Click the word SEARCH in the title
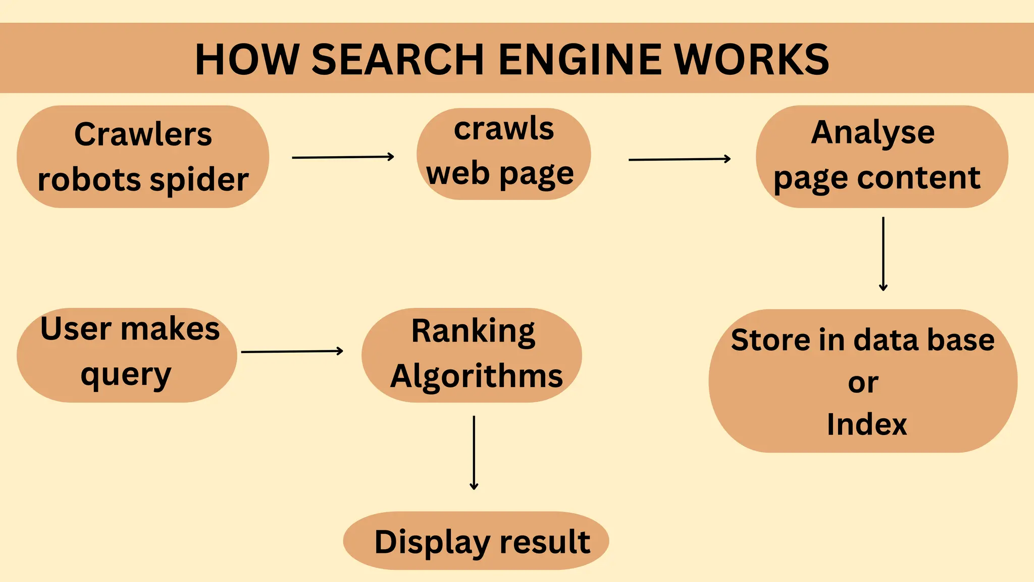click(398, 59)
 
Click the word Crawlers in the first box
click(143, 134)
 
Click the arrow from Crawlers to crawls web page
click(343, 157)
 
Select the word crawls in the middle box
click(503, 129)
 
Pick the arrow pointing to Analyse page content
click(679, 159)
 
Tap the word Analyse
click(873, 133)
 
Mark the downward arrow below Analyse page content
click(883, 254)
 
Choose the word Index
click(867, 424)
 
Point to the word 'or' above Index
click(863, 382)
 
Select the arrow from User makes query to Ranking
click(292, 351)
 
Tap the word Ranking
click(473, 331)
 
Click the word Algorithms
click(477, 376)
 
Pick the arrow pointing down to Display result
click(474, 452)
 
